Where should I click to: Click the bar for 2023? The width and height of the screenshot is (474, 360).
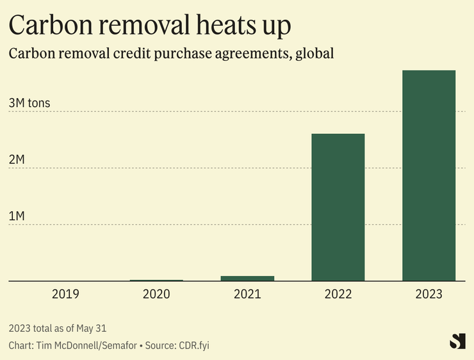[429, 176]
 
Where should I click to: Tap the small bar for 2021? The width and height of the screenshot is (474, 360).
[247, 278]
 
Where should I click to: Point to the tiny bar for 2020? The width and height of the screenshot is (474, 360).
[156, 280]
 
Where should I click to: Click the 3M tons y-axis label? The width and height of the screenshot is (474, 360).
[29, 102]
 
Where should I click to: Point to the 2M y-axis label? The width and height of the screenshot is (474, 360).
[17, 160]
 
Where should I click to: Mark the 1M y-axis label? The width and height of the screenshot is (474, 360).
[17, 216]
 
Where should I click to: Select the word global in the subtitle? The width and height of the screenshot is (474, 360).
[315, 54]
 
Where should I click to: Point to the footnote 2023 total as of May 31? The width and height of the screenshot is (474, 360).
[58, 328]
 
